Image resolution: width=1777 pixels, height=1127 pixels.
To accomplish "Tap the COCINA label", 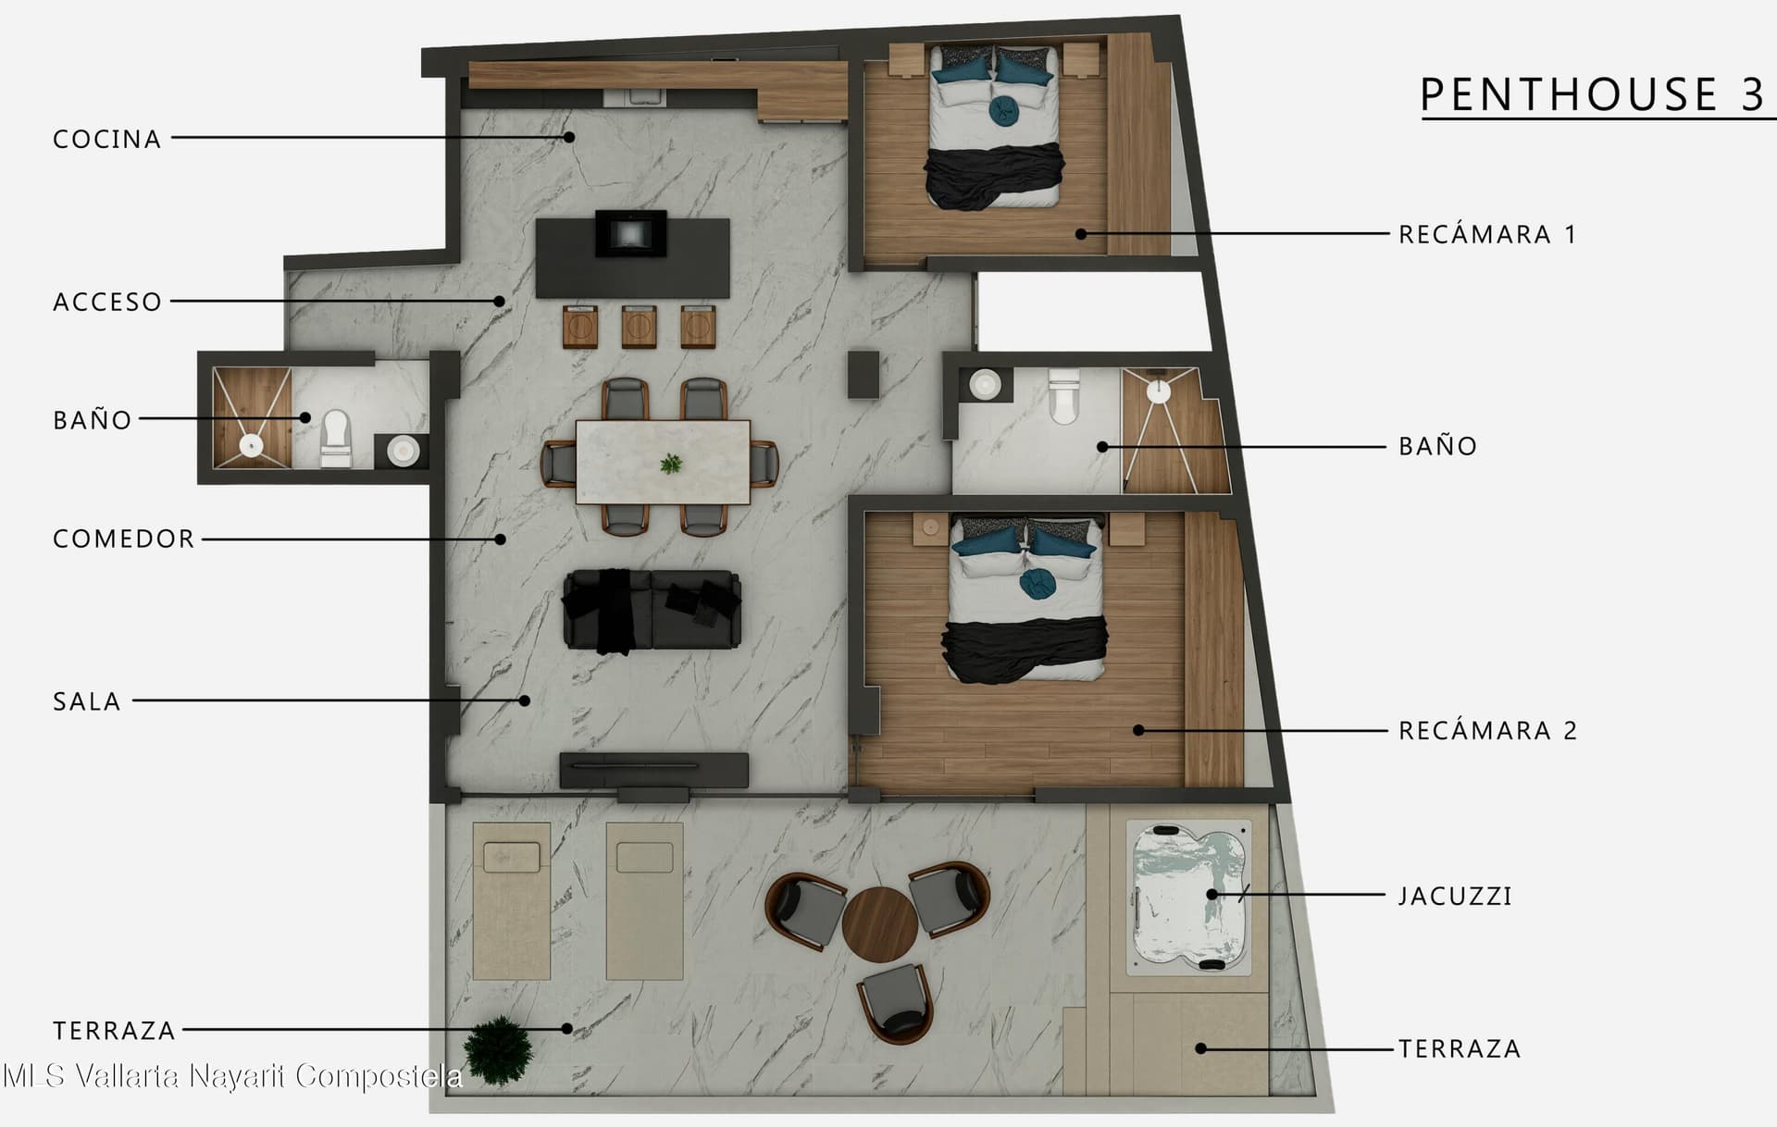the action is click(107, 139).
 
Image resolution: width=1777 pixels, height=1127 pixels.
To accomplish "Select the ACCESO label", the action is click(107, 302).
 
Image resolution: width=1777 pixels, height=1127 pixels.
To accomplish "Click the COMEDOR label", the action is click(124, 539).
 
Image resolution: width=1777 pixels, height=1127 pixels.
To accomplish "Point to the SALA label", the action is click(87, 701).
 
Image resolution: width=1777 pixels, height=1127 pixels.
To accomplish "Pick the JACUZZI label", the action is click(1455, 896).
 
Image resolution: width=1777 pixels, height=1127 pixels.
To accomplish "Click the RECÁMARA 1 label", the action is click(1486, 234).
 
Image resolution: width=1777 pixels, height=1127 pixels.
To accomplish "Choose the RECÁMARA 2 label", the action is click(1487, 730).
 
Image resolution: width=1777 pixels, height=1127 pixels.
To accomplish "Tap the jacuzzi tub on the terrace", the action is click(1189, 897).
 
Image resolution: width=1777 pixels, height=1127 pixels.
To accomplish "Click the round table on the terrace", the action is click(879, 923).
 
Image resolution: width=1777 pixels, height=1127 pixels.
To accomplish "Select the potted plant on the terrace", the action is click(499, 1051).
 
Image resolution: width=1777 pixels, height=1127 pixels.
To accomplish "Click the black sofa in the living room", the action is click(652, 610).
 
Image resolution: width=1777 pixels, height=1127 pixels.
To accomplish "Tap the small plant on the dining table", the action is click(671, 463).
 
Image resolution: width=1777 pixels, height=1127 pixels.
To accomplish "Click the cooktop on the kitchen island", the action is click(630, 233).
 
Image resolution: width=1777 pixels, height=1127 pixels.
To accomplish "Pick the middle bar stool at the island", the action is click(639, 327).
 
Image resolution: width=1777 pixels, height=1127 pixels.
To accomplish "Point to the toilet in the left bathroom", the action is click(335, 438).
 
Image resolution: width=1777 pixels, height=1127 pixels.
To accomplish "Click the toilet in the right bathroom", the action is click(1063, 395).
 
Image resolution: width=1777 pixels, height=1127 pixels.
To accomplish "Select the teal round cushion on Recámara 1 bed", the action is click(1003, 110).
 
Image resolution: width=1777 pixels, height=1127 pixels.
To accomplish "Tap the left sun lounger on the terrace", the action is click(512, 900).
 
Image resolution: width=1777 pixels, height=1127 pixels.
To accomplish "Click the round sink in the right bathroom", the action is click(985, 384).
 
